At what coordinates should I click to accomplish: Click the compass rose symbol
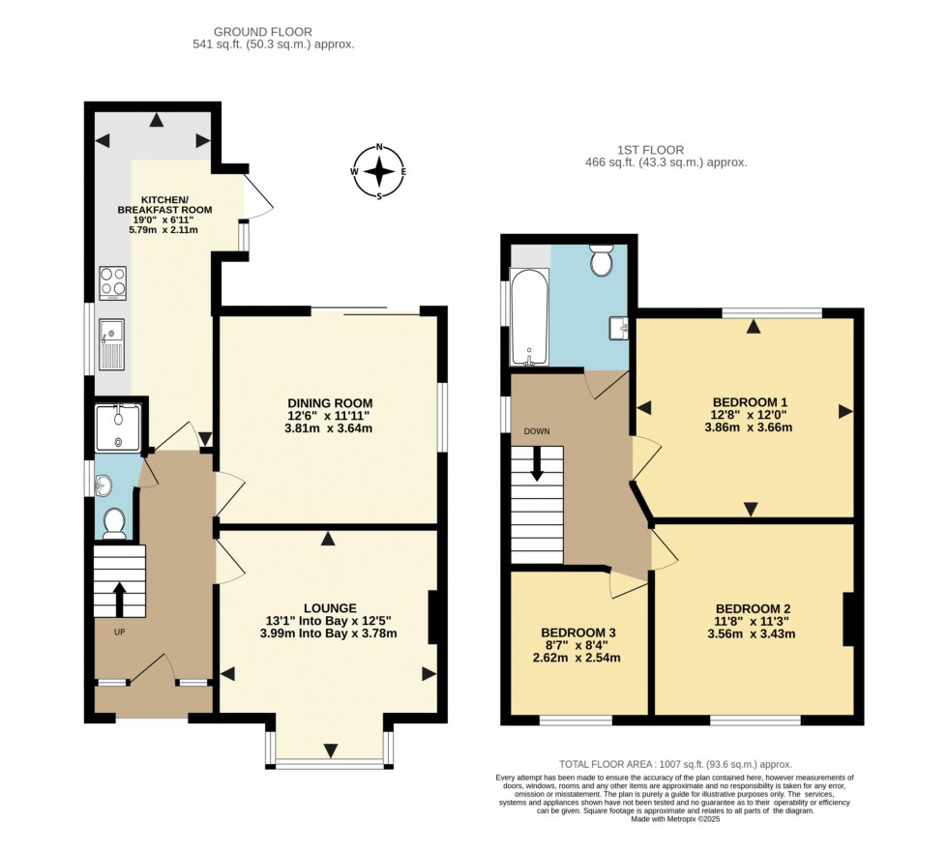pyautogui.click(x=379, y=172)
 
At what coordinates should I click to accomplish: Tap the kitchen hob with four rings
pyautogui.click(x=113, y=283)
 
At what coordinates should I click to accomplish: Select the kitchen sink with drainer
pyautogui.click(x=112, y=344)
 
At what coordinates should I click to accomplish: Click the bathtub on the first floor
pyautogui.click(x=530, y=317)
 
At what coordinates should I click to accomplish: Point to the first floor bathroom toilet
pyautogui.click(x=602, y=260)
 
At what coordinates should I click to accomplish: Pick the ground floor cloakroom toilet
pyautogui.click(x=114, y=523)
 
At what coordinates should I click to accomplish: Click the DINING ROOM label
pyautogui.click(x=330, y=403)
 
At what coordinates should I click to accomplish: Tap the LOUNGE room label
pyautogui.click(x=330, y=608)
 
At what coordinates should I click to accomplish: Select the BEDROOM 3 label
pyautogui.click(x=578, y=632)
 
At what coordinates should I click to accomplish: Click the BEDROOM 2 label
pyautogui.click(x=753, y=608)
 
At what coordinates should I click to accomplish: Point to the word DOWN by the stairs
pyautogui.click(x=537, y=431)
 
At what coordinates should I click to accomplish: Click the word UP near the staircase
pyautogui.click(x=120, y=632)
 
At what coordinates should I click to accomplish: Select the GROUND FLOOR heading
pyautogui.click(x=263, y=32)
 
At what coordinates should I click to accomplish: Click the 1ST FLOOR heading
pyautogui.click(x=650, y=150)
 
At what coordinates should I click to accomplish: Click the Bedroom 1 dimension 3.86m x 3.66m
pyautogui.click(x=749, y=427)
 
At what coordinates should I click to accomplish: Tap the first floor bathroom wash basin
pyautogui.click(x=620, y=328)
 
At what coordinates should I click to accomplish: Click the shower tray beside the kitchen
pyautogui.click(x=118, y=427)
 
